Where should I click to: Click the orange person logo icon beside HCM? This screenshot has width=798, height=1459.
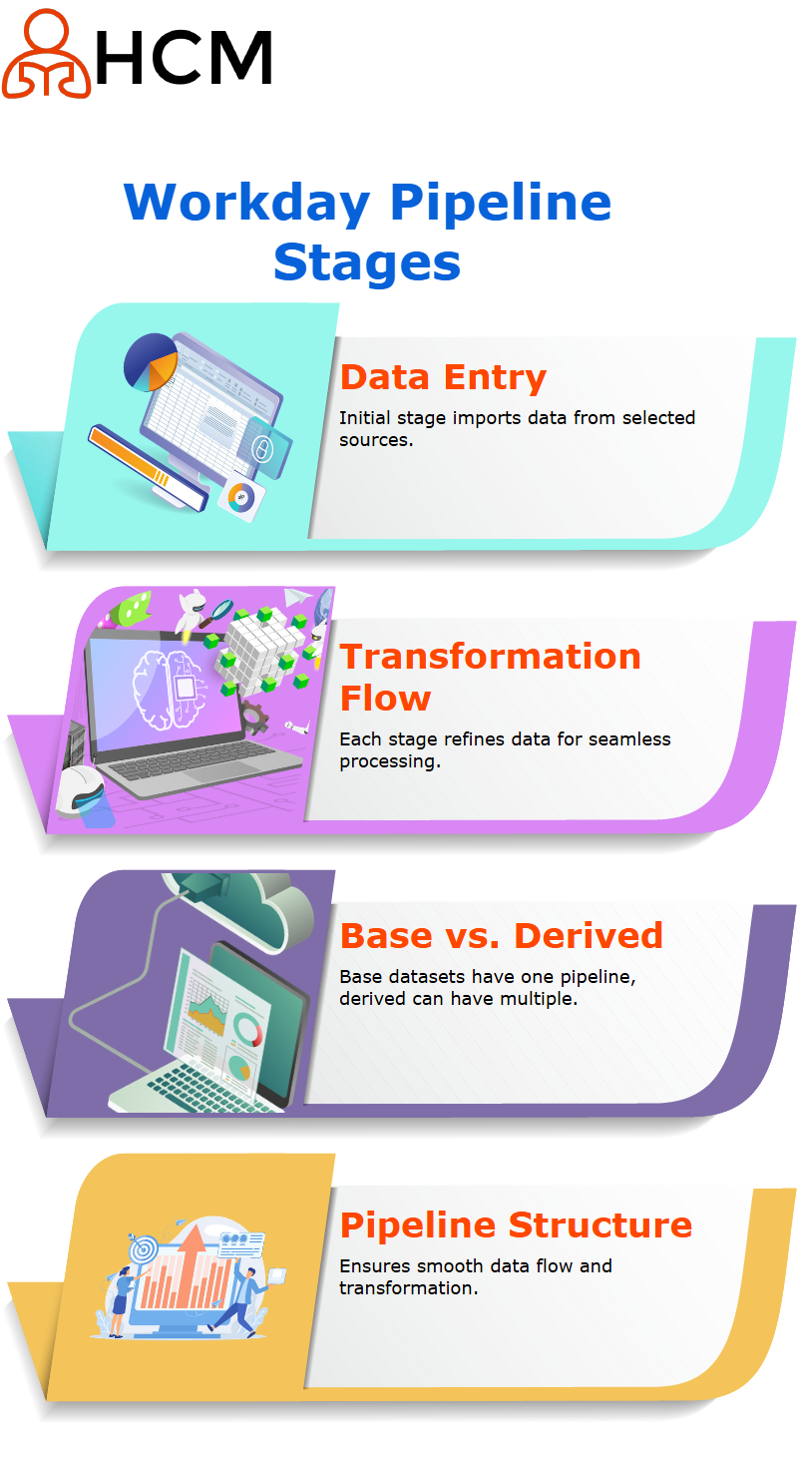pyautogui.click(x=46, y=55)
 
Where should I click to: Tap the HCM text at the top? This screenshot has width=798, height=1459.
pyautogui.click(x=185, y=58)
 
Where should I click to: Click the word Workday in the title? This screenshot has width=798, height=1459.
pyautogui.click(x=247, y=204)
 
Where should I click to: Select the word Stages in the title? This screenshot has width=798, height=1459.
pyautogui.click(x=367, y=263)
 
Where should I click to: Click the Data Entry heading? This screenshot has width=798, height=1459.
pyautogui.click(x=443, y=378)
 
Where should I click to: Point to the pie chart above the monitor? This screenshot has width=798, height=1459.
pyautogui.click(x=151, y=362)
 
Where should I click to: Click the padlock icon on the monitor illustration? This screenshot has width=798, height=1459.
pyautogui.click(x=261, y=449)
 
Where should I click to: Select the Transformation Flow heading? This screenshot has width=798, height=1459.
pyautogui.click(x=490, y=677)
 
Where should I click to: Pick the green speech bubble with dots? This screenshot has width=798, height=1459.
pyautogui.click(x=132, y=610)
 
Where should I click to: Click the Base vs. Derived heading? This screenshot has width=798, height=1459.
pyautogui.click(x=501, y=936)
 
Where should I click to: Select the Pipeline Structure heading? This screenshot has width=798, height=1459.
pyautogui.click(x=516, y=1225)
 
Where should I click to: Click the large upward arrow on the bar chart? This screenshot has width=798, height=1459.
pyautogui.click(x=192, y=1263)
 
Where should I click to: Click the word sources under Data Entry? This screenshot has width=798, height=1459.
pyautogui.click(x=376, y=440)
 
